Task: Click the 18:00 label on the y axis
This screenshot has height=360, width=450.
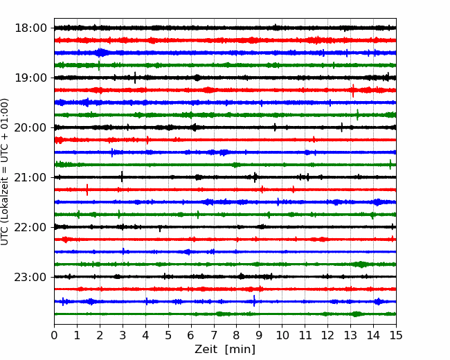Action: pyautogui.click(x=30, y=28)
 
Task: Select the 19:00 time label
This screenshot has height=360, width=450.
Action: pyautogui.click(x=30, y=78)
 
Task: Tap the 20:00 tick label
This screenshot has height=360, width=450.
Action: pyautogui.click(x=30, y=127)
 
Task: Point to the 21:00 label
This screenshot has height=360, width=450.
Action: pyautogui.click(x=30, y=177)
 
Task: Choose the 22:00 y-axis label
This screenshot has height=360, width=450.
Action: pyautogui.click(x=30, y=227)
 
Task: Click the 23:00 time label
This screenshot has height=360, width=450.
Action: pyautogui.click(x=30, y=277)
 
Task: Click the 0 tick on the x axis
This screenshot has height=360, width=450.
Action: pyautogui.click(x=54, y=335)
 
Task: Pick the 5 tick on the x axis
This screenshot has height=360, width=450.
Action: pyautogui.click(x=168, y=335)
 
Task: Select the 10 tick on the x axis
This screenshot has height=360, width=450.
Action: pyautogui.click(x=282, y=335)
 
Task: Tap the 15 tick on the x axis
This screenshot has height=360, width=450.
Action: pyautogui.click(x=396, y=335)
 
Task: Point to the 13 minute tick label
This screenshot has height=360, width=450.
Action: pyautogui.click(x=350, y=335)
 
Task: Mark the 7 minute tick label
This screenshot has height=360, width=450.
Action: pyautogui.click(x=214, y=335)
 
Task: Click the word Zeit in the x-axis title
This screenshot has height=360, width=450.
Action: pyautogui.click(x=206, y=350)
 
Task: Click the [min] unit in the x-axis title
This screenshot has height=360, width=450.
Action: pyautogui.click(x=240, y=350)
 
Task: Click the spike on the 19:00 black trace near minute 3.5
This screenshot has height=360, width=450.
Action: pyautogui.click(x=135, y=78)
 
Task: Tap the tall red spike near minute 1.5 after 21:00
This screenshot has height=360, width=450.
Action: pyautogui.click(x=87, y=190)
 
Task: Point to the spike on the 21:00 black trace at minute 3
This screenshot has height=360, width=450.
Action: pyautogui.click(x=122, y=177)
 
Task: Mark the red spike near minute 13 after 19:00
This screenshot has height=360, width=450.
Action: pyautogui.click(x=353, y=91)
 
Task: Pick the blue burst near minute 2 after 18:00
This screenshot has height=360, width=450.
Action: pyautogui.click(x=100, y=53)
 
